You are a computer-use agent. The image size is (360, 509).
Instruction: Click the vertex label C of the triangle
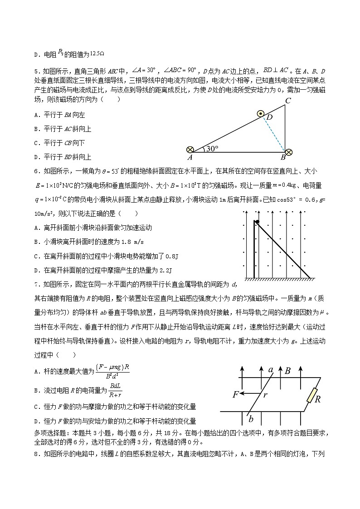coord(287,101)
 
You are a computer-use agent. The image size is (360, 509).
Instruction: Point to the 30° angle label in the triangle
coord(210,149)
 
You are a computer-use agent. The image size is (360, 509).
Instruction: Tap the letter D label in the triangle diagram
coord(270,118)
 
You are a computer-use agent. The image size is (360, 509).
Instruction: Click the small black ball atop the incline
coord(257,222)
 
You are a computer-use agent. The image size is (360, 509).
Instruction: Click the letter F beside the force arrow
coord(236,394)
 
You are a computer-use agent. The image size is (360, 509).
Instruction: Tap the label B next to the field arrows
coord(287,371)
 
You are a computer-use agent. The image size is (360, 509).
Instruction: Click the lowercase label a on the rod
coord(271,370)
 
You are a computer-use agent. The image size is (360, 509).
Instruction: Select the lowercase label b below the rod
coord(251,418)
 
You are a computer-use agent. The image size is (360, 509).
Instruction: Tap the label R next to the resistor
coord(318,399)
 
